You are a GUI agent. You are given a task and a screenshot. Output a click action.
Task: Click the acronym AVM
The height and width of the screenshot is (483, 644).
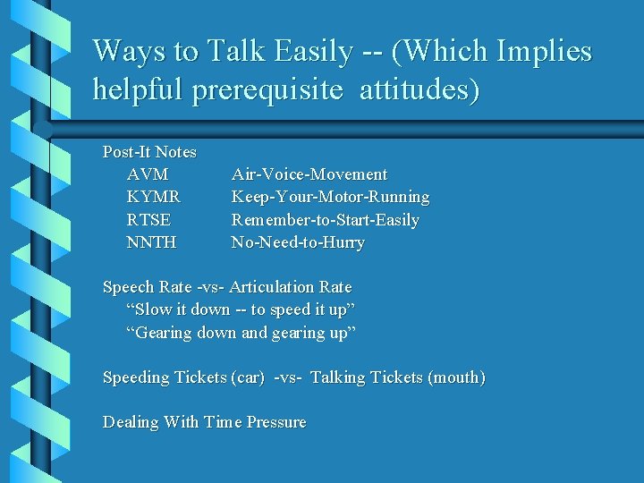pyautogui.click(x=148, y=174)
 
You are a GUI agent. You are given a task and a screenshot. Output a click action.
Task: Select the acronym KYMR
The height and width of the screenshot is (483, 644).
pyautogui.click(x=153, y=197)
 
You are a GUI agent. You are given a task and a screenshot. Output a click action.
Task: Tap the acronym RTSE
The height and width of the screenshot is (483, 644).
pyautogui.click(x=148, y=220)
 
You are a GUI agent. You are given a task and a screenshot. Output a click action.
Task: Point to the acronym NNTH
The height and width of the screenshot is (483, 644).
pyautogui.click(x=151, y=242)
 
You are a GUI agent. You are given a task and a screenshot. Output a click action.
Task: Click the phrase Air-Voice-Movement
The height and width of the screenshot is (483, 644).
pyautogui.click(x=309, y=174)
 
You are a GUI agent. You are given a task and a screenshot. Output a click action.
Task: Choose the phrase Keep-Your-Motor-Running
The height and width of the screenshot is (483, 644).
pyautogui.click(x=330, y=197)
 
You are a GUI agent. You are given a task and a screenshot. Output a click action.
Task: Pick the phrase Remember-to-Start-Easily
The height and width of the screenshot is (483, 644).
pyautogui.click(x=325, y=220)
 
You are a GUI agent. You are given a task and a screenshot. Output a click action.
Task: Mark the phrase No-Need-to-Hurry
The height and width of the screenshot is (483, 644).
pyautogui.click(x=298, y=242)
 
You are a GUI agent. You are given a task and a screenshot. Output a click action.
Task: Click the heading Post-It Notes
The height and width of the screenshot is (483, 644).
pyautogui.click(x=149, y=152)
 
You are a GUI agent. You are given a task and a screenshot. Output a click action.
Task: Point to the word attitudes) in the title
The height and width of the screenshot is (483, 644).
pyautogui.click(x=419, y=90)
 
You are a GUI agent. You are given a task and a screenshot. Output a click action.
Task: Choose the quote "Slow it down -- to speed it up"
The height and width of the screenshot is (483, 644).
pyautogui.click(x=241, y=309)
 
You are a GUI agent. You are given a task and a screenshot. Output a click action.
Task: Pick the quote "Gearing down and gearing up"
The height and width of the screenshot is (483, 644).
pyautogui.click(x=241, y=333)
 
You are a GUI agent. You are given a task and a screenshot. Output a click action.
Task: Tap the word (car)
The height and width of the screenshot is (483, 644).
pyautogui.click(x=247, y=377)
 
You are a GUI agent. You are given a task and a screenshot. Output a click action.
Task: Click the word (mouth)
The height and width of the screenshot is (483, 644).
pyautogui.click(x=457, y=377)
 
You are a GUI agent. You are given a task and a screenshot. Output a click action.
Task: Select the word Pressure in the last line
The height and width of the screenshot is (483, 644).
pyautogui.click(x=272, y=422)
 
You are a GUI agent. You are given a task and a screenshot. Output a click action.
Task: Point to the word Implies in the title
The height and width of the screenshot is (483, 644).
pyautogui.click(x=541, y=52)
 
